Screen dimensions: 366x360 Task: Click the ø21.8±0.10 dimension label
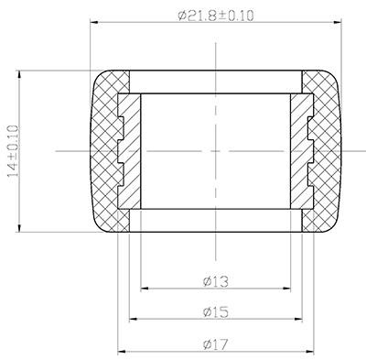[x=216, y=16]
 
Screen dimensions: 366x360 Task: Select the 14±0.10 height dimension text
[x=14, y=151]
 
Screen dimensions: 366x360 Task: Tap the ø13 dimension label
[x=216, y=281]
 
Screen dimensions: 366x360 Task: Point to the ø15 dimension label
[x=216, y=312]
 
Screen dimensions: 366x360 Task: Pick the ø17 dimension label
[x=216, y=344]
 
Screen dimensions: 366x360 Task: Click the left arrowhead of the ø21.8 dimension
[x=94, y=22]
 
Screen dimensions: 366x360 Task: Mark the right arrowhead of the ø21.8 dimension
[x=338, y=22]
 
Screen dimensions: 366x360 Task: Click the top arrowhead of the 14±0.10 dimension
[x=19, y=74]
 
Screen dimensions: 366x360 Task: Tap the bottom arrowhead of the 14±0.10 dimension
[x=19, y=228]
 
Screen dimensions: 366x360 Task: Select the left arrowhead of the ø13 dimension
[x=145, y=289]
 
